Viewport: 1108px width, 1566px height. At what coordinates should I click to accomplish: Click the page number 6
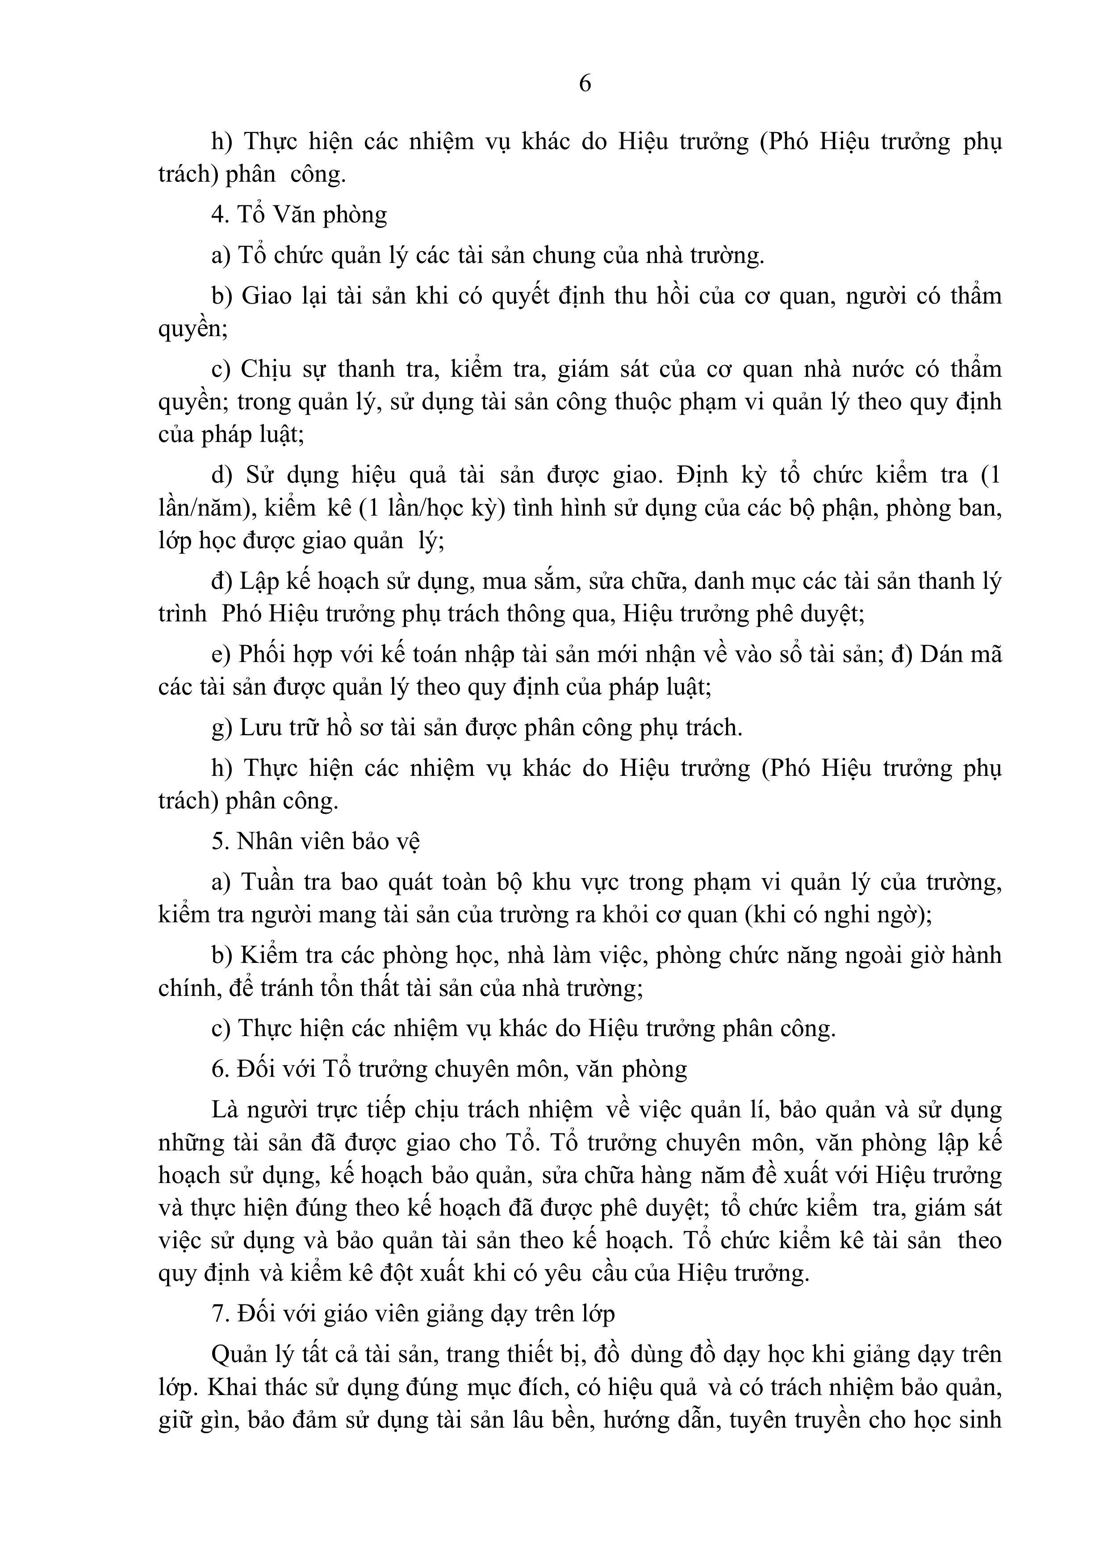pyautogui.click(x=585, y=83)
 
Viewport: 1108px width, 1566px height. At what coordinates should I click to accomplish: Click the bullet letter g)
pyautogui.click(x=221, y=728)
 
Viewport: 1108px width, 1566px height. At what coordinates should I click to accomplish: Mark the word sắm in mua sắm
pyautogui.click(x=550, y=581)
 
